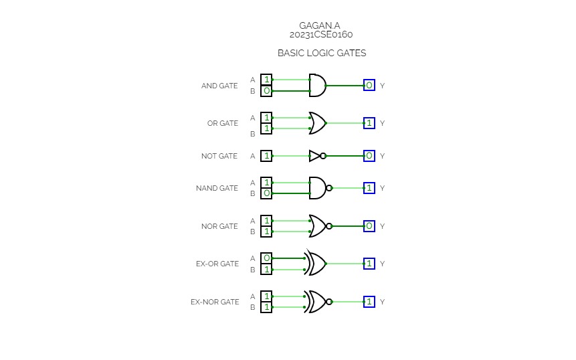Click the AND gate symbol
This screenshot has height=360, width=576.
pos(317,85)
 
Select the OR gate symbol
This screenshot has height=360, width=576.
pos(317,123)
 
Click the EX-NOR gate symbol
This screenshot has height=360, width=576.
pos(316,302)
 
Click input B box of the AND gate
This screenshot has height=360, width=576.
pos(266,91)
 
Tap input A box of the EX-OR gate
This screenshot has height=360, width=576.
pos(266,258)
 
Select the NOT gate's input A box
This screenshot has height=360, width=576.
pos(266,156)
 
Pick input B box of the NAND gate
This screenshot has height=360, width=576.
pos(266,193)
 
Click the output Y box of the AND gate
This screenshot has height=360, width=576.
pos(369,85)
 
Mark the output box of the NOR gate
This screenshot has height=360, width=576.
pos(369,226)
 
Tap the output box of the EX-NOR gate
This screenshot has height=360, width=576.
pos(369,302)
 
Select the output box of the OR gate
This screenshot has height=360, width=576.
pos(369,123)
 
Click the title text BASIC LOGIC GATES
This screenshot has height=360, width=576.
pos(322,53)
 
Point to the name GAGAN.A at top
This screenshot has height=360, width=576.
pos(320,26)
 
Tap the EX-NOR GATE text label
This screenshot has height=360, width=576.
pos(215,302)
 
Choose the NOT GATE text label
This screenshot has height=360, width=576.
pos(219,157)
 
